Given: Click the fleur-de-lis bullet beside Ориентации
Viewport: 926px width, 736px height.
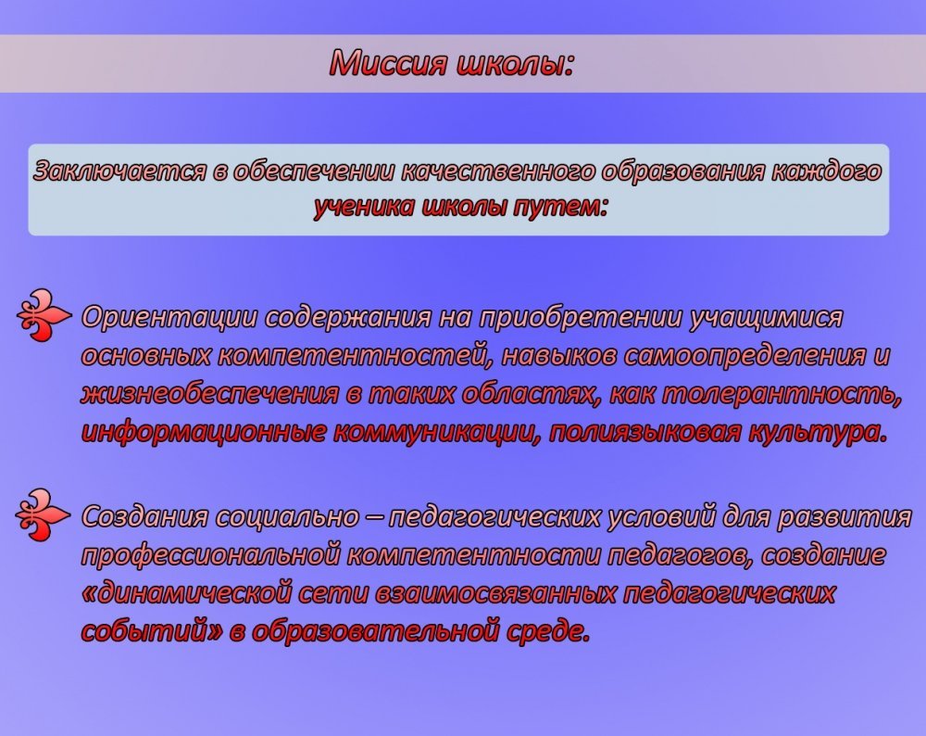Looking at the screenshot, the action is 44,315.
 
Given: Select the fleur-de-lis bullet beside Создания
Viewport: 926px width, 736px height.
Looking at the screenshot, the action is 42,514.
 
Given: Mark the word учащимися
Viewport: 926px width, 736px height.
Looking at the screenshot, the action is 767,317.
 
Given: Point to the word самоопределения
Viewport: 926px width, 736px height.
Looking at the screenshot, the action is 744,356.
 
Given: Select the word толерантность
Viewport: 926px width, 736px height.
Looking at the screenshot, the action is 782,394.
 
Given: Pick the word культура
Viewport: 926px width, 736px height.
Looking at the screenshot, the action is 818,433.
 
